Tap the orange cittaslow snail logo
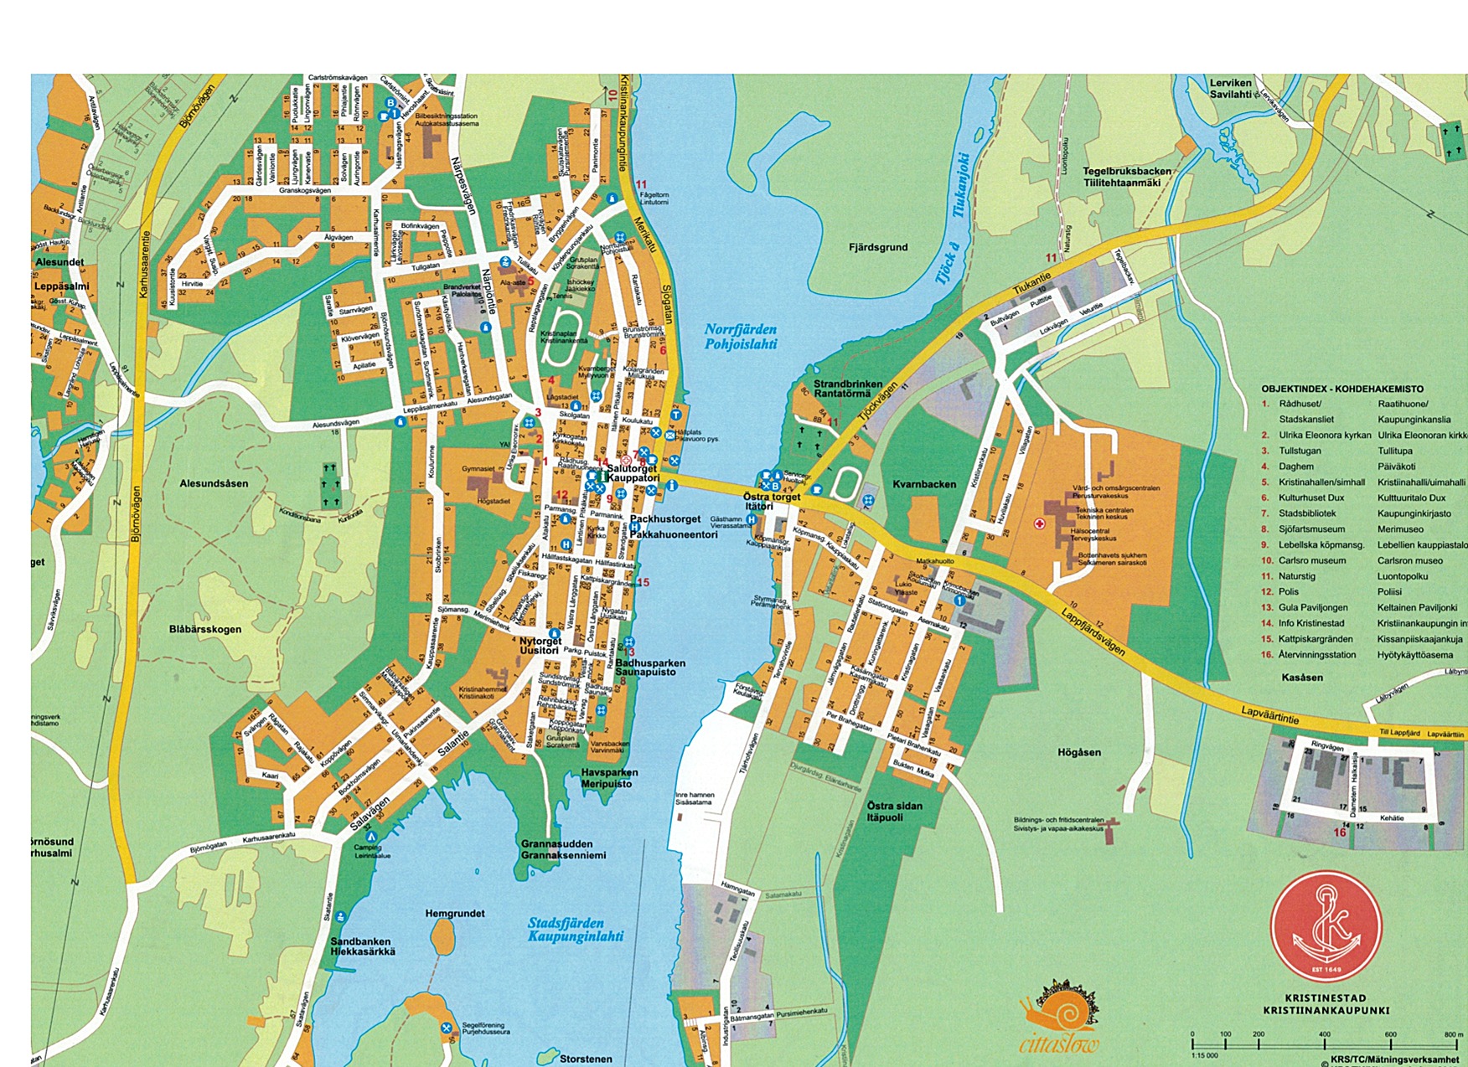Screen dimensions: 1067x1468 click(1059, 1018)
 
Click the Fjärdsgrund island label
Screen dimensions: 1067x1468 click(877, 247)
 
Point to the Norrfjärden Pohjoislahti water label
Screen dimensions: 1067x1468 click(740, 337)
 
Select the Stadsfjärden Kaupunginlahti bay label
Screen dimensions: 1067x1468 click(575, 930)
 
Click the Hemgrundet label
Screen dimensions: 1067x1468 click(455, 914)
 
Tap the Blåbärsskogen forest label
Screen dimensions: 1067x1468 click(204, 629)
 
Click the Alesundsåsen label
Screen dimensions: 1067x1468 click(214, 483)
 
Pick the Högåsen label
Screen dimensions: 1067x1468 click(1079, 752)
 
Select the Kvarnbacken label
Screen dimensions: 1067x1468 click(924, 484)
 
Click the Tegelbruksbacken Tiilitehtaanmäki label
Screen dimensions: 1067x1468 click(1126, 177)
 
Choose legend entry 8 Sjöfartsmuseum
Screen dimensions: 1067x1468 click(1311, 529)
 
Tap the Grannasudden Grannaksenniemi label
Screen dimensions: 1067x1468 click(556, 849)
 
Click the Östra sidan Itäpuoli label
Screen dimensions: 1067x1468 click(895, 812)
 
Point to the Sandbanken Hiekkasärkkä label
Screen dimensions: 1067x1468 click(362, 946)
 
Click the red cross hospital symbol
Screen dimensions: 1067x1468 click(1040, 524)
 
